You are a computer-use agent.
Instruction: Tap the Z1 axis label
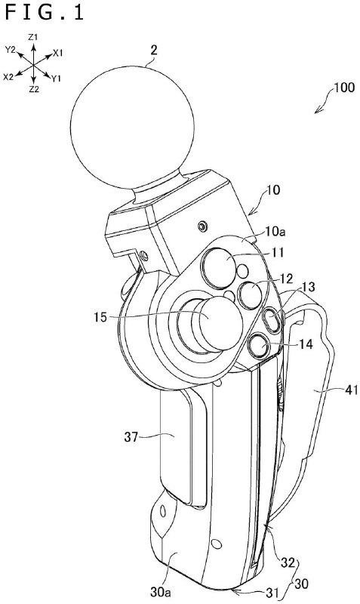tap(33, 37)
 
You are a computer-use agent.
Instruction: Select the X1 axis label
tap(57, 54)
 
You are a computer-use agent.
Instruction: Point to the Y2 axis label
tap(10, 50)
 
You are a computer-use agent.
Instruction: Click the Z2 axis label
tap(33, 89)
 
